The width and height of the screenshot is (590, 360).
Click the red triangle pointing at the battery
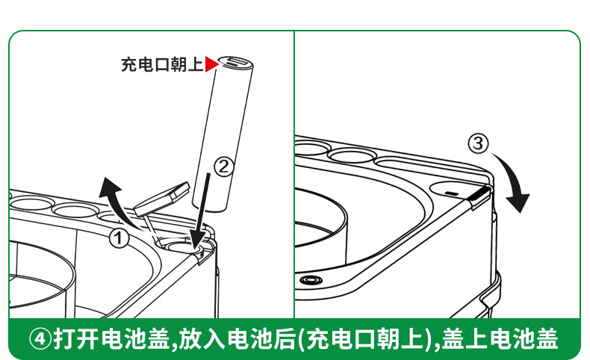point(211,64)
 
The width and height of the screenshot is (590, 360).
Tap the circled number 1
point(119,238)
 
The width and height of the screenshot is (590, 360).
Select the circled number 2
point(224,167)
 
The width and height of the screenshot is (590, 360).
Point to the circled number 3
point(478,143)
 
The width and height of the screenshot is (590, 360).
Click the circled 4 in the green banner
point(40,338)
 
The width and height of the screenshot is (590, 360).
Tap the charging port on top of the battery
point(235,61)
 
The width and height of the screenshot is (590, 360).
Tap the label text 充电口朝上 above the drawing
point(162,64)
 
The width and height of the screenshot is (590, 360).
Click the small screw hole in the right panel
point(311,280)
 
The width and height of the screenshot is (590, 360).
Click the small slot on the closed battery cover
point(452,193)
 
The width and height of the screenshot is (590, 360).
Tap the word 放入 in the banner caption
point(202,338)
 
